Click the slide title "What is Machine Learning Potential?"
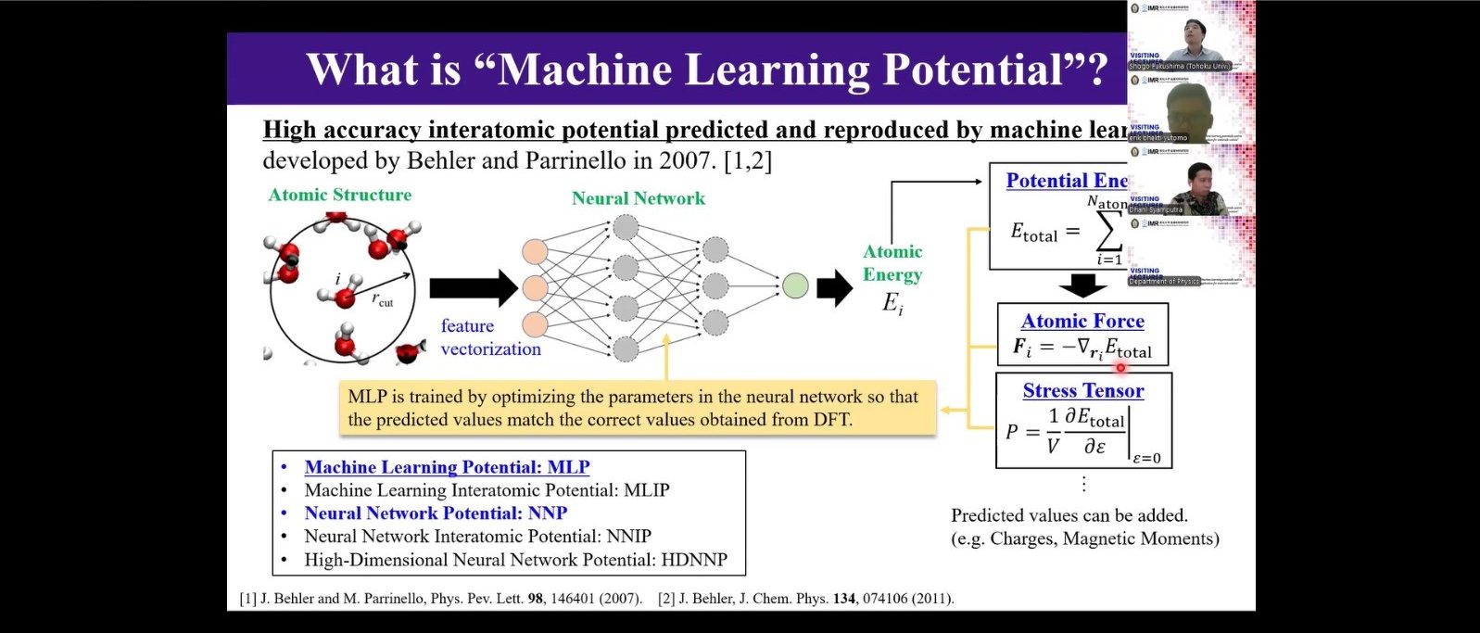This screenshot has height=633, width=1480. point(706,70)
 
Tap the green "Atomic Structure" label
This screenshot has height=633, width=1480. point(339,195)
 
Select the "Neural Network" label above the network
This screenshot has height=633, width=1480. point(638,198)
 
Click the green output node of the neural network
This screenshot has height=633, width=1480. point(795,286)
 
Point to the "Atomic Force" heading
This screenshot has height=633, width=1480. point(1082,321)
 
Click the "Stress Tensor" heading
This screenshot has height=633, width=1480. point(1082,391)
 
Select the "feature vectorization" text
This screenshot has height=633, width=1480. point(490,337)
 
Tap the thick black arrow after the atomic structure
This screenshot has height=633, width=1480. point(473,288)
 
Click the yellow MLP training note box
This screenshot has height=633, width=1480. point(637,408)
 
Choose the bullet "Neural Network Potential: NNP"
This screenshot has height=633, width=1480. point(436,513)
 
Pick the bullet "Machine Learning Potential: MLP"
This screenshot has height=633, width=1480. point(447,467)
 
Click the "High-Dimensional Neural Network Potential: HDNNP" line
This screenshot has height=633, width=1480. point(515,560)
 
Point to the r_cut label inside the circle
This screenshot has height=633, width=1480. point(383,301)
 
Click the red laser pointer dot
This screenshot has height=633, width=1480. point(1120,368)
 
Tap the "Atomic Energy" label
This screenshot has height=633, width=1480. point(892,263)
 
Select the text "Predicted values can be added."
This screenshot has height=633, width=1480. point(1069,515)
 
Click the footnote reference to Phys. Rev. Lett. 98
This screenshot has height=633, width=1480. point(440,599)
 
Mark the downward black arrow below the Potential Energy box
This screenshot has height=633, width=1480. point(1082,285)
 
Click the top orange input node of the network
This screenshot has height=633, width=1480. point(535,251)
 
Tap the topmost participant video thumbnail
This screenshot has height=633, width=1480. point(1191,36)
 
